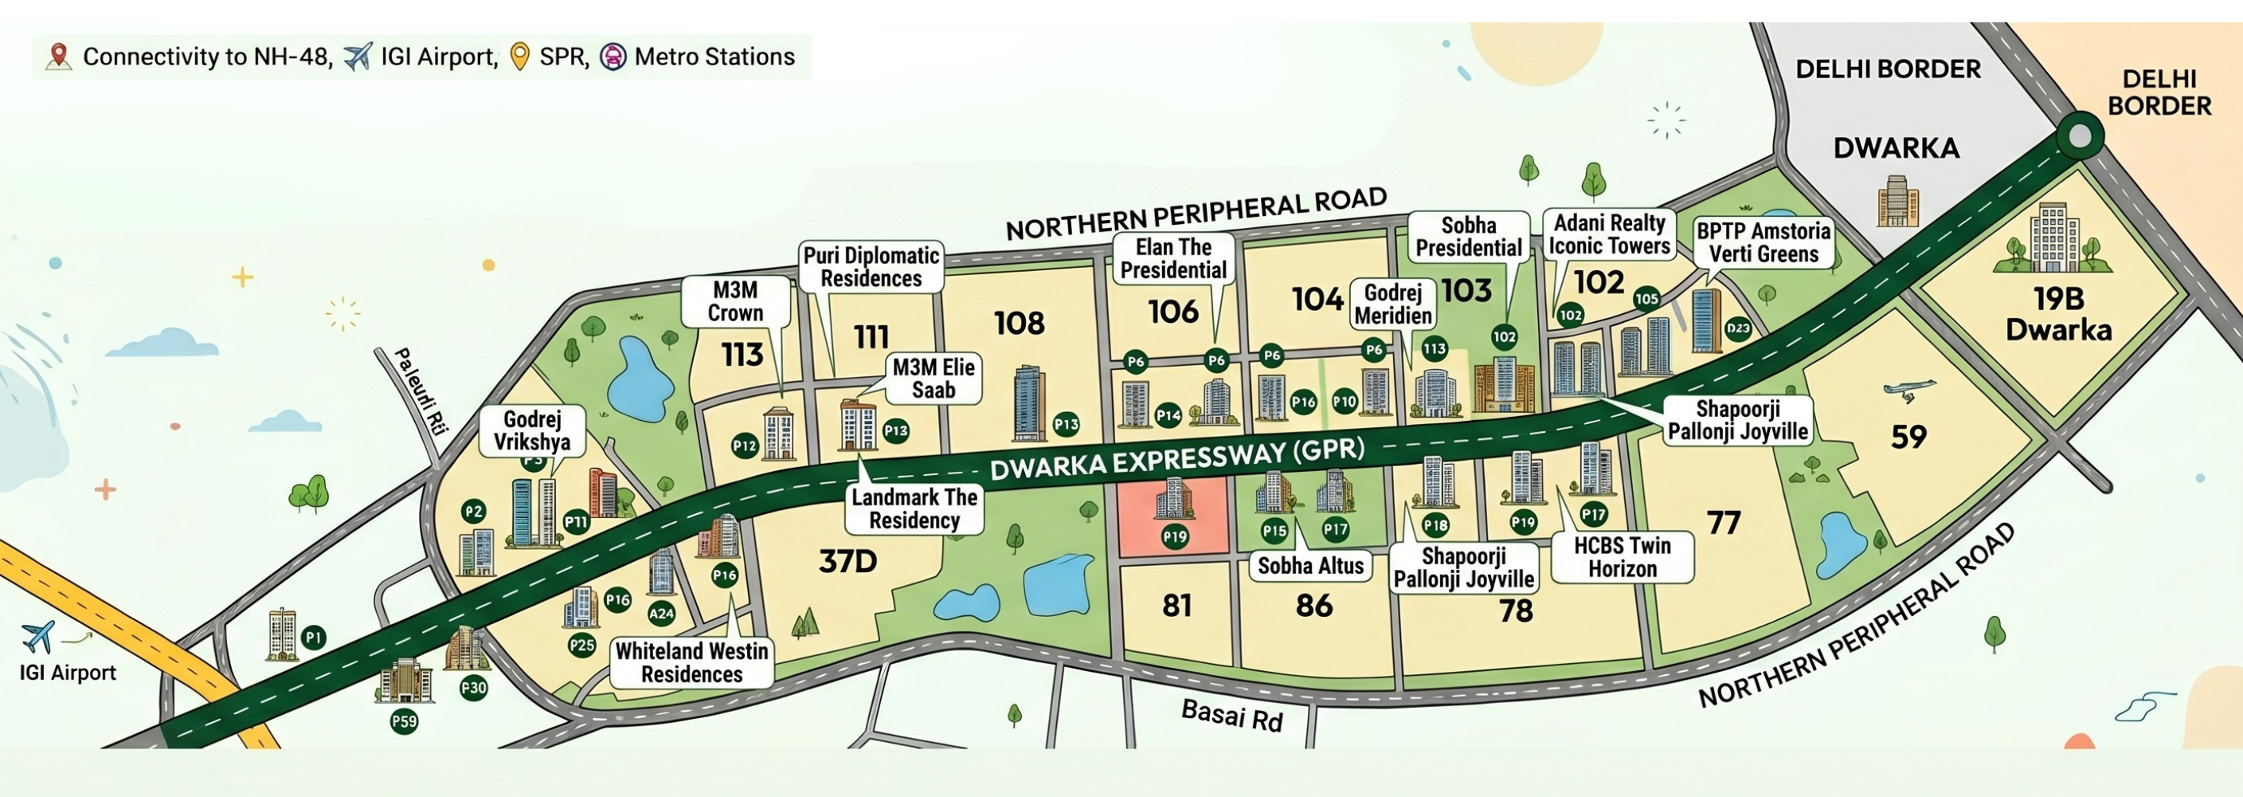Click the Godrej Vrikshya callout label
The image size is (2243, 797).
click(531, 430)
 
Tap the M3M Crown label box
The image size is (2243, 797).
click(735, 301)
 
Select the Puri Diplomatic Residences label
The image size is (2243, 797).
click(871, 266)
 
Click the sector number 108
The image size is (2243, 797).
click(1019, 323)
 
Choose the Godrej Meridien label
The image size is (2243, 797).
click(1392, 304)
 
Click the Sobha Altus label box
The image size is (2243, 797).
click(1309, 566)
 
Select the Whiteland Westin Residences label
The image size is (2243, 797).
click(691, 663)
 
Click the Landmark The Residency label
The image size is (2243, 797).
click(914, 508)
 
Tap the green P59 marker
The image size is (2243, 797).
click(404, 721)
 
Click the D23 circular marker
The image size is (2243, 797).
click(1738, 328)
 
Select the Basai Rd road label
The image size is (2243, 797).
click(1231, 716)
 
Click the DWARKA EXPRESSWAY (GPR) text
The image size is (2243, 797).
click(1176, 461)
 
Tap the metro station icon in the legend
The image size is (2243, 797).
click(613, 57)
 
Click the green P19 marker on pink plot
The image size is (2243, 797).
click(1175, 536)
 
